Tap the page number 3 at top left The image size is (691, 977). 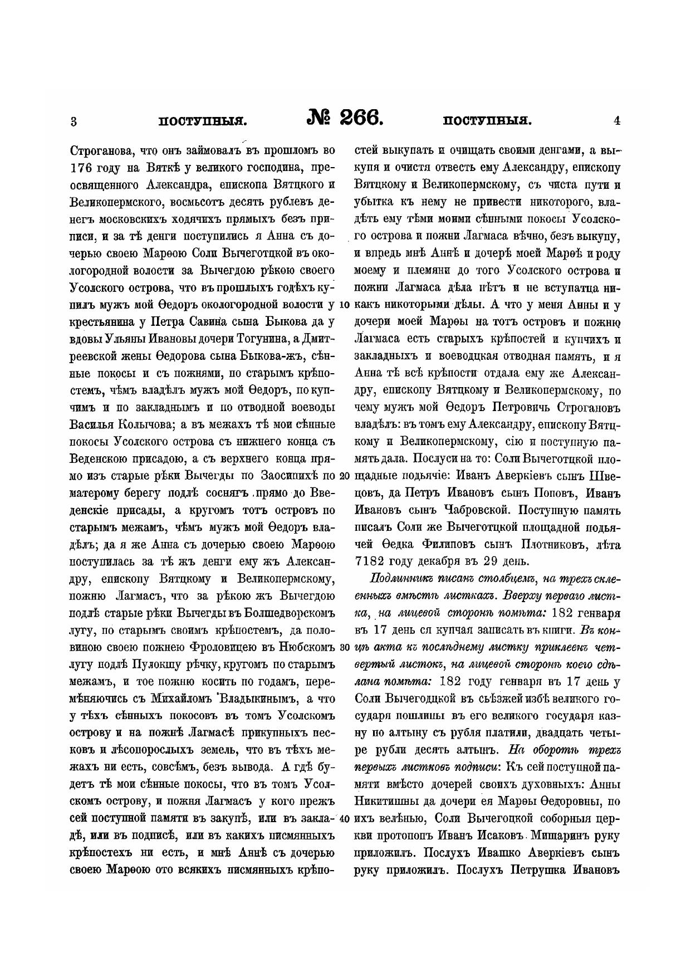[74, 120]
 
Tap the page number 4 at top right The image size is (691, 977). [616, 120]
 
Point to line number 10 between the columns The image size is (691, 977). [344, 305]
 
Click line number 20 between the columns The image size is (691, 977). [344, 477]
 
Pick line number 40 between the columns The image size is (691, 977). [344, 819]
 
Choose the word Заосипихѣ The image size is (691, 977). [286, 477]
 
